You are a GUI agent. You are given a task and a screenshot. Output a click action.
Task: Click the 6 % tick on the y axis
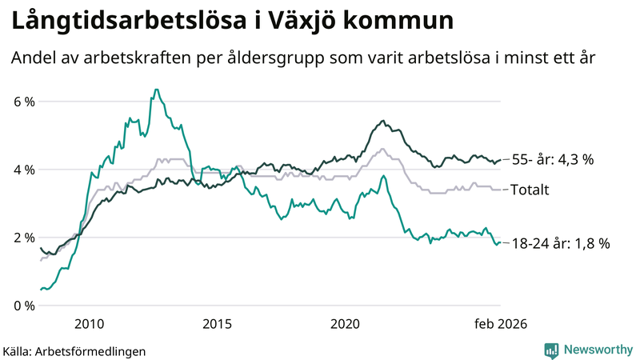coord(22,102)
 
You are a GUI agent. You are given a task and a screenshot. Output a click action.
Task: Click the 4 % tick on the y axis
coord(22,170)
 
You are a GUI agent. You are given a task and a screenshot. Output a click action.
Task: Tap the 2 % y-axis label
coord(22,238)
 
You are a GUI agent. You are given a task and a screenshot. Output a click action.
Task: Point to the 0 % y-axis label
coord(22,306)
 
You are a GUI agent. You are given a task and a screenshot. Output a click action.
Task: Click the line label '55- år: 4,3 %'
coord(552,160)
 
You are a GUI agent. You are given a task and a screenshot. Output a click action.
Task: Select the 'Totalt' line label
coord(530,190)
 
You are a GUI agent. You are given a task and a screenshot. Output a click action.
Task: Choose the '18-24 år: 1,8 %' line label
coord(561,244)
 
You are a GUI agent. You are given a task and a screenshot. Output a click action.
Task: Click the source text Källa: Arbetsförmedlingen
coord(74,350)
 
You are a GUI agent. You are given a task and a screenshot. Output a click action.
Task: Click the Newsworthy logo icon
coord(551,350)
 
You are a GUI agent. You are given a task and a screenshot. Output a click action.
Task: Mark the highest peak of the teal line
coord(156,90)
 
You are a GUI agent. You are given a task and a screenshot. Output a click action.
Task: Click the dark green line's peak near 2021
coord(383,121)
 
